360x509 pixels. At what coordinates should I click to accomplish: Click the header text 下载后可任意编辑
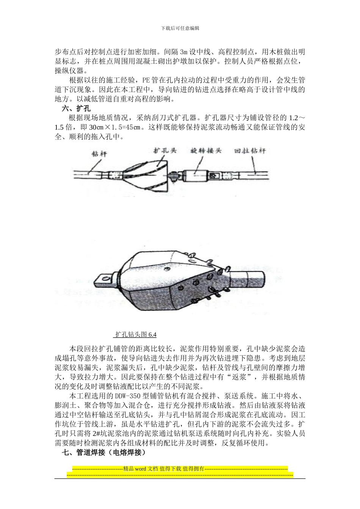pyautogui.click(x=180, y=28)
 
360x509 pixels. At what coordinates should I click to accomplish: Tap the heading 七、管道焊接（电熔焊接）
pyautogui.click(x=104, y=453)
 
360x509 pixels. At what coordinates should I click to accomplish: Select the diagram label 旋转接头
pyautogui.click(x=205, y=151)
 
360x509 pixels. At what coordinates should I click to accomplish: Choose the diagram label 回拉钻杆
pyautogui.click(x=250, y=151)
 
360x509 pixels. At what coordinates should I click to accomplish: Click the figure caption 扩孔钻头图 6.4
pyautogui.click(x=136, y=334)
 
